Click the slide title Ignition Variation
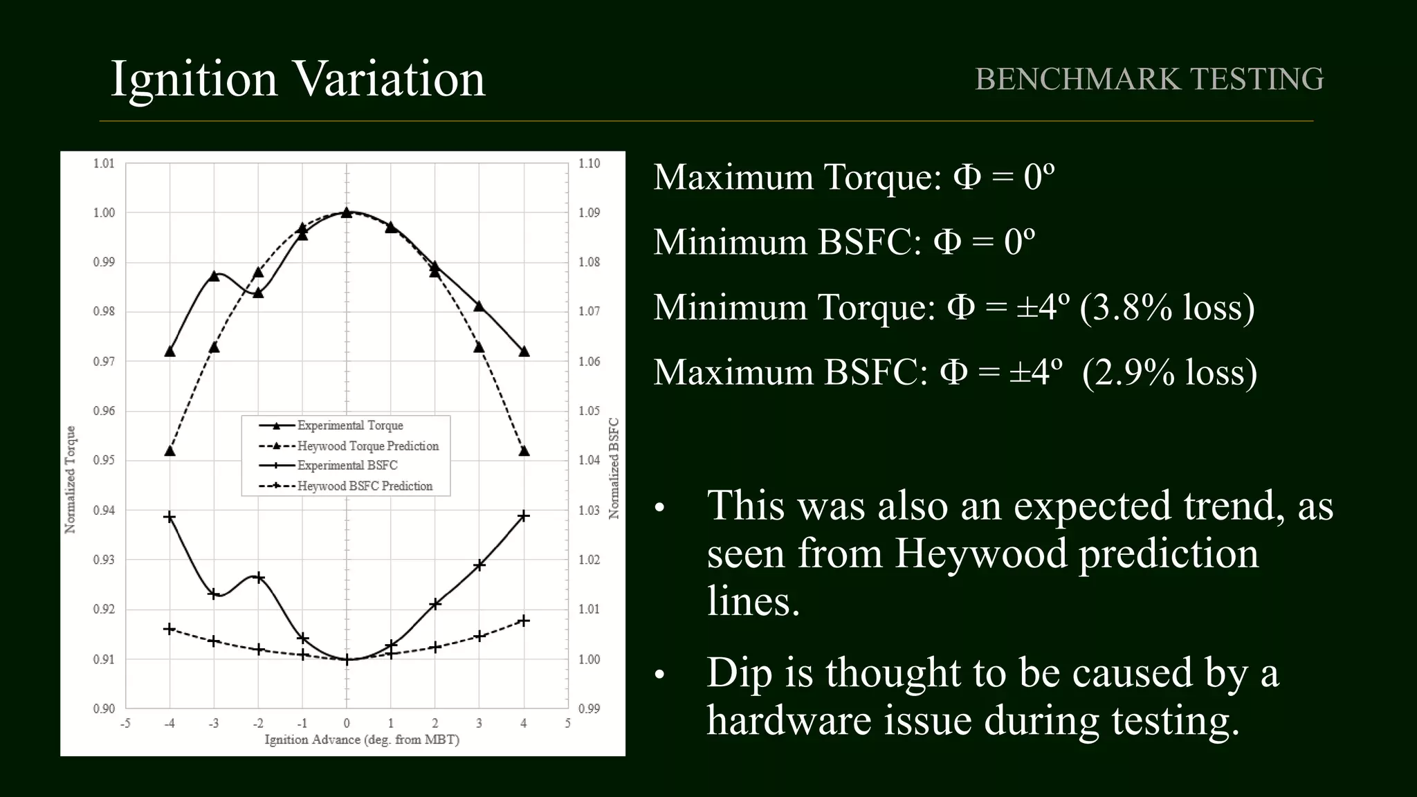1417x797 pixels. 298,78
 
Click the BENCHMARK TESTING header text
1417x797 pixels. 1149,79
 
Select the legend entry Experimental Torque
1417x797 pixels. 350,425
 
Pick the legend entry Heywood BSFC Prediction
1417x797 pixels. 365,486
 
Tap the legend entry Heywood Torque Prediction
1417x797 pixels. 368,446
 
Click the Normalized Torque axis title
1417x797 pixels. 70,479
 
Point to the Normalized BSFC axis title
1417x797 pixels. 614,468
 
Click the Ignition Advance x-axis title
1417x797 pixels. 362,740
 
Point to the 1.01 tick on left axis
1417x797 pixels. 104,163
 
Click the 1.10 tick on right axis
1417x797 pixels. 589,163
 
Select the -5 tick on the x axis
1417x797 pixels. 125,724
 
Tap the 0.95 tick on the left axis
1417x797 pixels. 104,460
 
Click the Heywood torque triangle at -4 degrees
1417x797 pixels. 170,451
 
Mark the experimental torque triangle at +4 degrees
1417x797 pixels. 524,351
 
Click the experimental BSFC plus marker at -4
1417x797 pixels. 170,517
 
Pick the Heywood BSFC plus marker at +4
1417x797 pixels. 524,621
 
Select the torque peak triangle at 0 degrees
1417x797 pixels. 347,212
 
